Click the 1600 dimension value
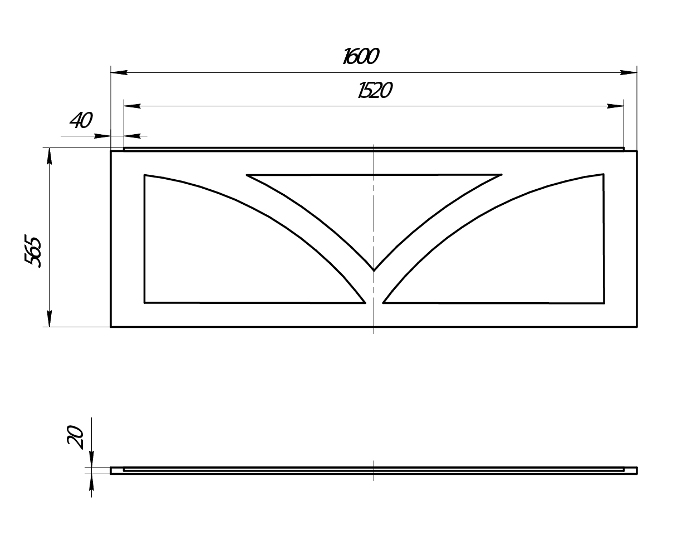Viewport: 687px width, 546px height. (x=361, y=56)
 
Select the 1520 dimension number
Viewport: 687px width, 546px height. (x=375, y=90)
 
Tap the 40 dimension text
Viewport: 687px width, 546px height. (x=81, y=120)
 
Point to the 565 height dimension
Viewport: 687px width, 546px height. (x=33, y=251)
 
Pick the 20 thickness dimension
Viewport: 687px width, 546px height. (x=75, y=437)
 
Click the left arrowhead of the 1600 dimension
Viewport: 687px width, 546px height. (x=119, y=72)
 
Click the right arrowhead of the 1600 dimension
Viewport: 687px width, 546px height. (x=628, y=72)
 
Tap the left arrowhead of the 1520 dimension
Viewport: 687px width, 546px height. (x=132, y=106)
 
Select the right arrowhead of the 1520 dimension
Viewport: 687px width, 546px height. (x=615, y=106)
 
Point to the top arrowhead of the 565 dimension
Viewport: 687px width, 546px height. (x=49, y=156)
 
